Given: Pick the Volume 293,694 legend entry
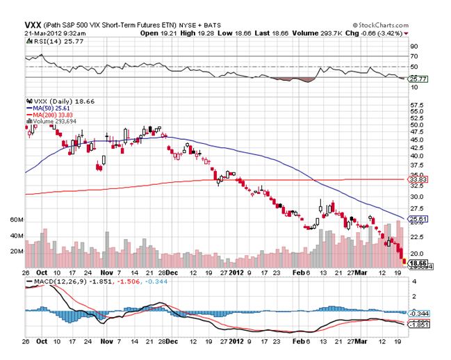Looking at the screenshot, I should click(55, 122).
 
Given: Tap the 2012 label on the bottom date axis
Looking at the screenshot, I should click(238, 342).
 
